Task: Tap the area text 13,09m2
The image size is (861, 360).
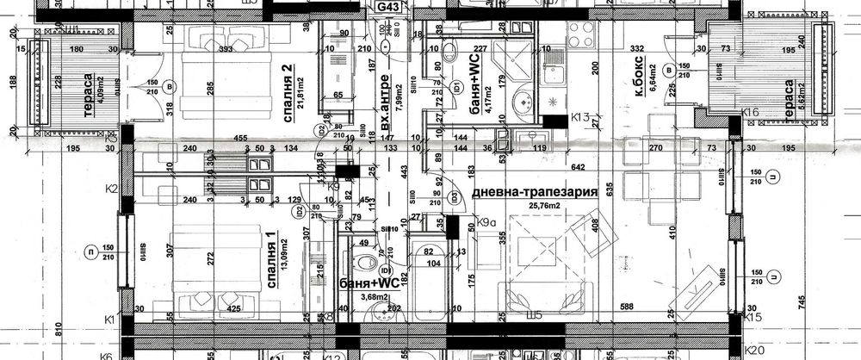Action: tap(283, 256)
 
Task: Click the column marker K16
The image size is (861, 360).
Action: tap(750, 112)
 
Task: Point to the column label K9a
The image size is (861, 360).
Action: tap(488, 223)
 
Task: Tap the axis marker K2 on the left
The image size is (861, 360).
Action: tap(110, 187)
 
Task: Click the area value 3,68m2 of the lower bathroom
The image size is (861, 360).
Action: tap(359, 298)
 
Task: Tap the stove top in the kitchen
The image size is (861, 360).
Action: tap(578, 36)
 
